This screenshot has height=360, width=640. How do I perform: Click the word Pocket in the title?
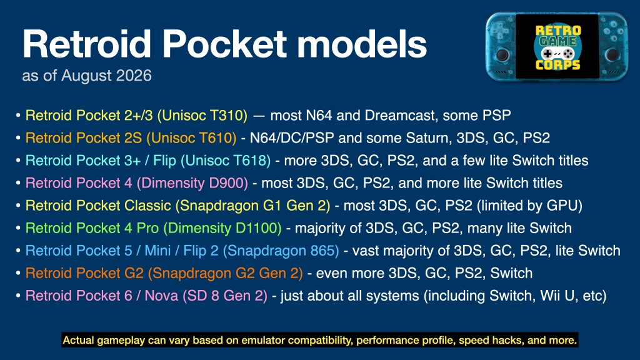click(x=225, y=44)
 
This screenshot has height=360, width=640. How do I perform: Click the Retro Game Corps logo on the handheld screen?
click(x=557, y=47)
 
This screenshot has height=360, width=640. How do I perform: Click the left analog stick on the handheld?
click(x=502, y=54)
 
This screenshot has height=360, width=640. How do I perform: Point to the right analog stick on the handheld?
click(x=612, y=54)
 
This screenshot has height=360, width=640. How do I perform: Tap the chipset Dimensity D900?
click(x=192, y=183)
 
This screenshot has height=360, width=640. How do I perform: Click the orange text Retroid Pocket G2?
click(x=84, y=273)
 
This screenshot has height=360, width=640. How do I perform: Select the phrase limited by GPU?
click(x=529, y=206)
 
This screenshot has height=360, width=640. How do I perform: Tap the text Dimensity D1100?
click(x=222, y=228)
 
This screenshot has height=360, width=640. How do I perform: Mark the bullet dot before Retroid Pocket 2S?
click(x=18, y=138)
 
